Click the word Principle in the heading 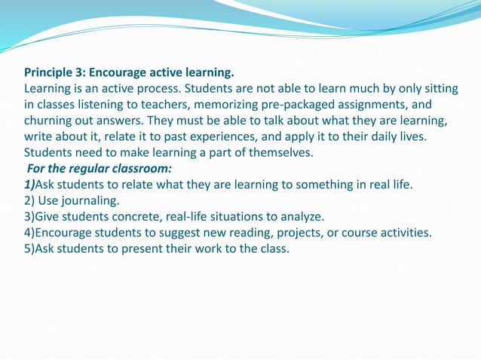[x=50, y=74]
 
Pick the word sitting [x=436, y=90]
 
